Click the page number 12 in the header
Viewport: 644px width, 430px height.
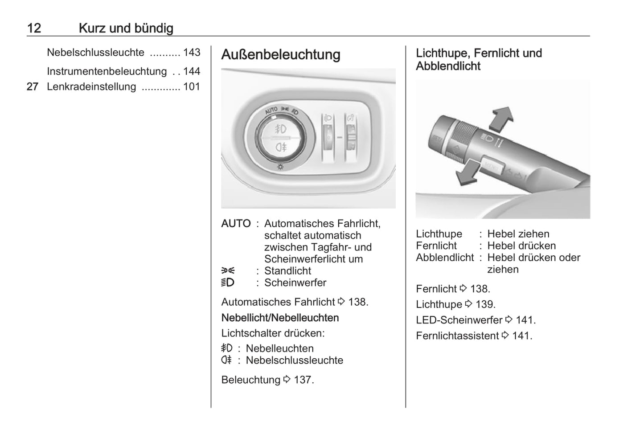click(34, 28)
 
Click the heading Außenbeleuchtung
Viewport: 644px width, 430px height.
click(281, 55)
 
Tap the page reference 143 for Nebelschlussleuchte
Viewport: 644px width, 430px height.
click(192, 52)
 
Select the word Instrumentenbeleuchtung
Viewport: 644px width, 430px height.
click(107, 71)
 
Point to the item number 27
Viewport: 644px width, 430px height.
click(33, 86)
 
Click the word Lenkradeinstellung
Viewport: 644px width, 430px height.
click(91, 86)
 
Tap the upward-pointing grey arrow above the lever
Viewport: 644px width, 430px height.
click(501, 119)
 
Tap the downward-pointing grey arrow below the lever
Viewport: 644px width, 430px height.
click(468, 172)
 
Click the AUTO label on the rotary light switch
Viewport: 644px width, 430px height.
click(271, 110)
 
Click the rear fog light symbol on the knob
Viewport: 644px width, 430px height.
click(281, 147)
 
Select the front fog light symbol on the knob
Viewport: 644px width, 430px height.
click(281, 129)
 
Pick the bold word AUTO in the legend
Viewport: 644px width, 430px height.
click(236, 224)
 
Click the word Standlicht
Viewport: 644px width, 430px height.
click(287, 271)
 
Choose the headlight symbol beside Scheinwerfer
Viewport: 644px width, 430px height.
click(228, 283)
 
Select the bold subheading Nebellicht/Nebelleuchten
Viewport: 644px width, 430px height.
click(280, 318)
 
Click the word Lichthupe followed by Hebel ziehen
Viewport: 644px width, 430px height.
click(439, 234)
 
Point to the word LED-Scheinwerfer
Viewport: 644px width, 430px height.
click(459, 320)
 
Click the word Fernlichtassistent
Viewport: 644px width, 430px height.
click(457, 336)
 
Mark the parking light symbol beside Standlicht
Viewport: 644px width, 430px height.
click(228, 271)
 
